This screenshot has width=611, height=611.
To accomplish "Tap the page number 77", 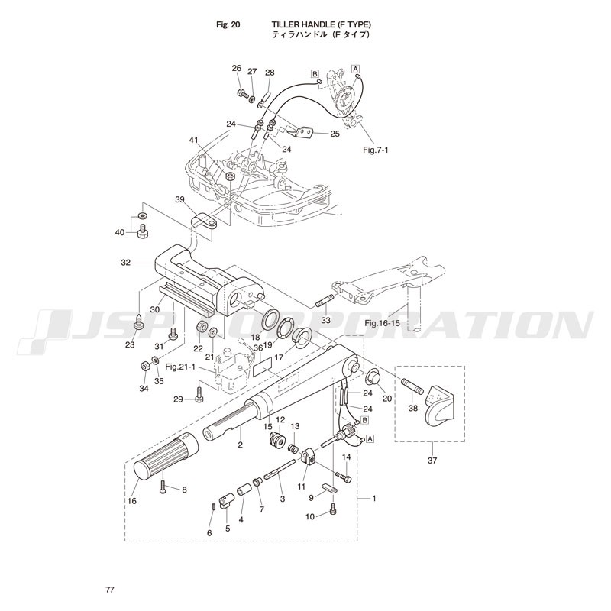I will click(x=111, y=590).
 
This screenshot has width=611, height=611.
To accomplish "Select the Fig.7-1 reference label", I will click(x=375, y=150).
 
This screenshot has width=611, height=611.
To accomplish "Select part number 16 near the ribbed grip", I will click(x=131, y=501).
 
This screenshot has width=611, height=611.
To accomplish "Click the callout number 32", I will click(x=126, y=262).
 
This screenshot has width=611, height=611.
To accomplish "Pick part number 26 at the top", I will click(x=236, y=69).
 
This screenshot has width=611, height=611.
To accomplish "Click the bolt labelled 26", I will click(x=241, y=94).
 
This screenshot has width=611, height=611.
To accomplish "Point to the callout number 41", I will click(x=193, y=140).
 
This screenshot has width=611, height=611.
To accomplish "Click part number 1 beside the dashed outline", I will click(x=374, y=499).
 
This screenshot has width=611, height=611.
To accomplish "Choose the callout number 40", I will click(x=119, y=232).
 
